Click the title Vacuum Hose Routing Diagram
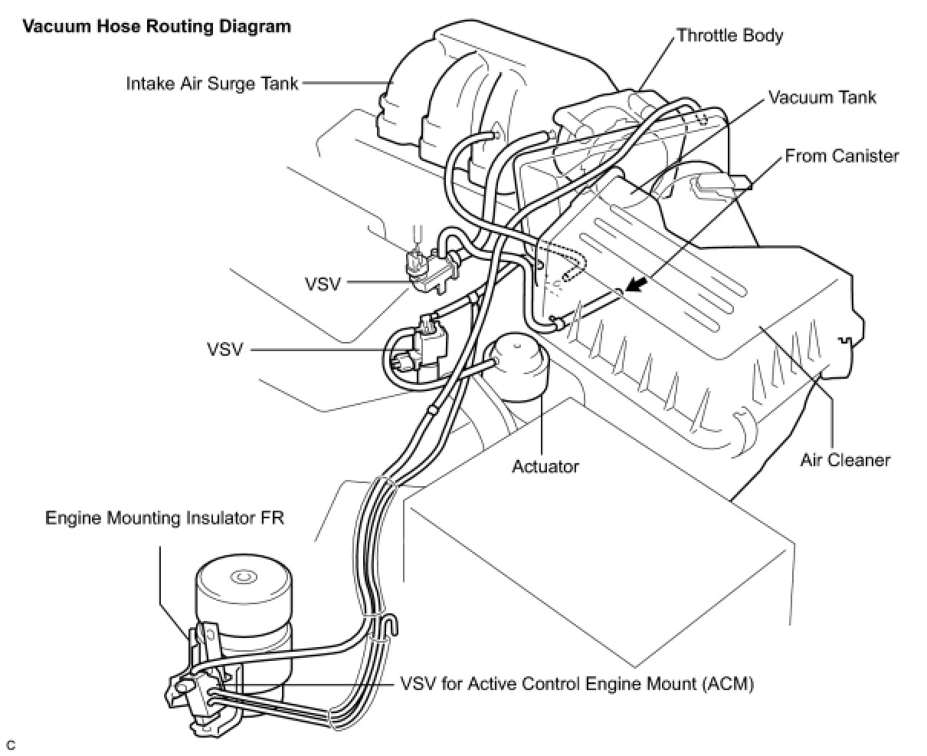(157, 27)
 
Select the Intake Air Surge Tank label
(212, 83)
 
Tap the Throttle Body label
(729, 35)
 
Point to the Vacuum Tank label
(822, 97)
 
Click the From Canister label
(841, 156)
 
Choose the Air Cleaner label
(845, 460)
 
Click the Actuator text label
(545, 465)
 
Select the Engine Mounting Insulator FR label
(165, 518)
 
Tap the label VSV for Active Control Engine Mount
(576, 683)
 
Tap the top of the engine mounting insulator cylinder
(244, 577)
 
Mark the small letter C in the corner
(11, 744)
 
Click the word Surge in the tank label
(234, 83)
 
